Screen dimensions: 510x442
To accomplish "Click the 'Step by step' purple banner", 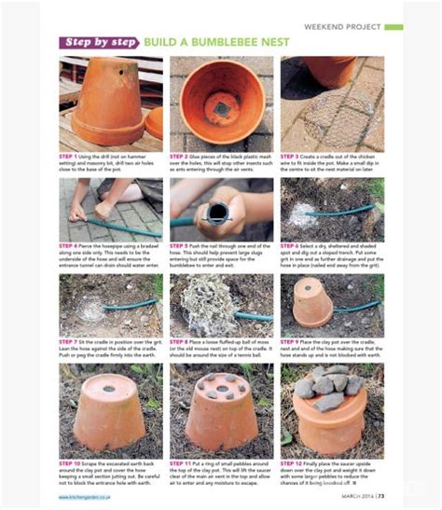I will click(x=99, y=43).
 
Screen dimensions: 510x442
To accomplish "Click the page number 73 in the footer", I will click(x=382, y=495).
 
